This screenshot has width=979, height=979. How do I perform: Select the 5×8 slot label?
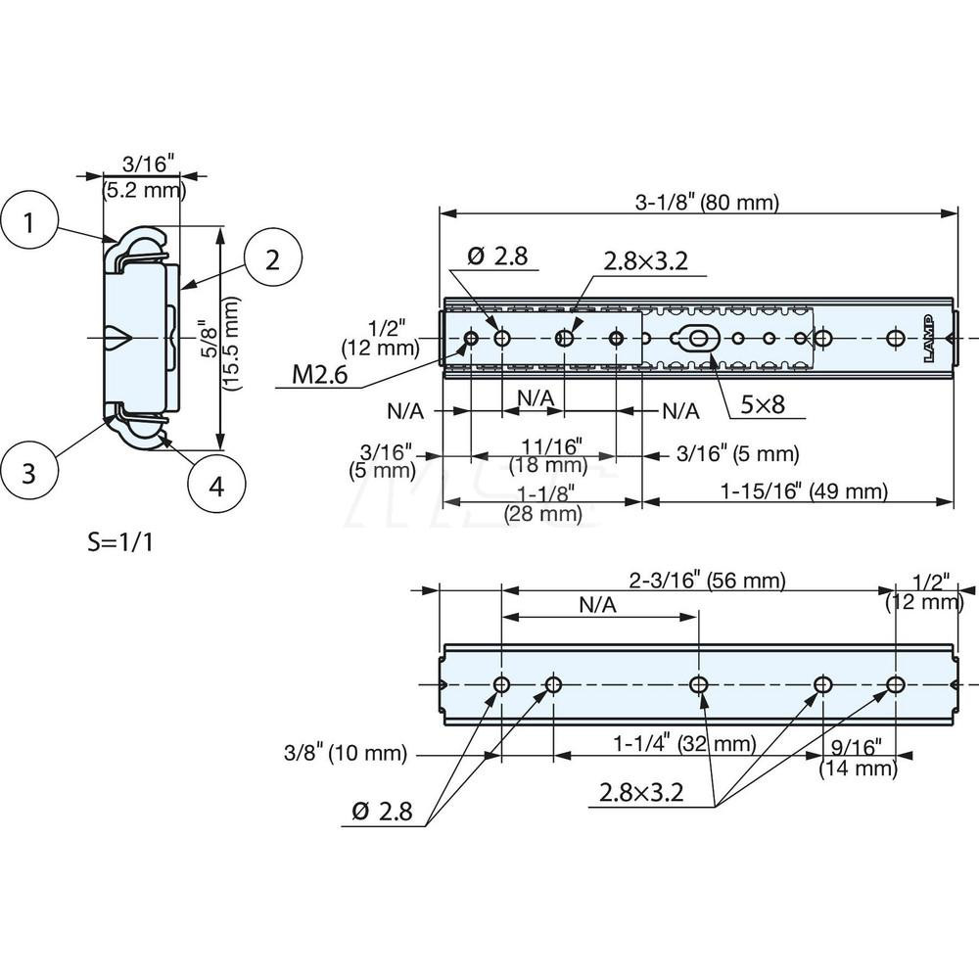(764, 403)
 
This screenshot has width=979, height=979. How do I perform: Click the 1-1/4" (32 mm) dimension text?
(685, 744)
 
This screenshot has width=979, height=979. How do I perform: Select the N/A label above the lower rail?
(597, 605)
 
